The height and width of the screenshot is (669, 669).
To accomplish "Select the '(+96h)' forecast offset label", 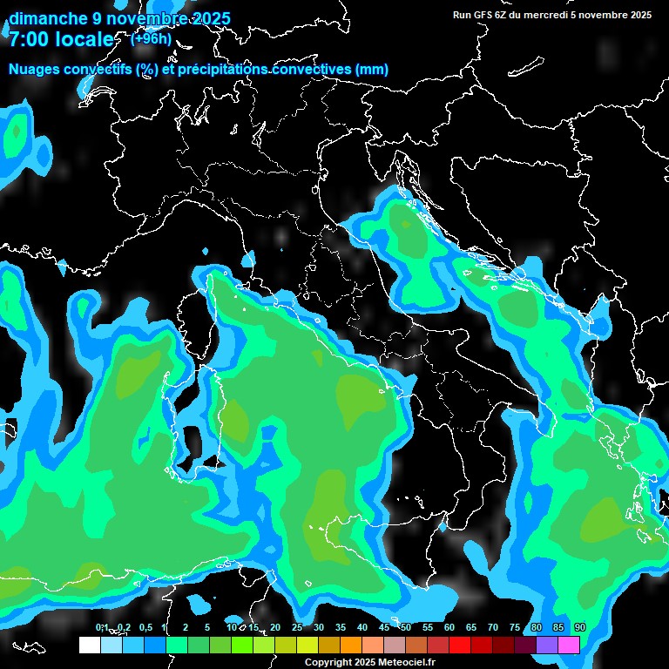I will tap(151, 38).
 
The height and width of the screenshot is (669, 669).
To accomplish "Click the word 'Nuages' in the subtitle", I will tap(34, 70).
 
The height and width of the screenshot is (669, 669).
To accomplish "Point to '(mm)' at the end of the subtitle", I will tap(370, 70).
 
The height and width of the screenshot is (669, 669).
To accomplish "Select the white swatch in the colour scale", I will tap(89, 645).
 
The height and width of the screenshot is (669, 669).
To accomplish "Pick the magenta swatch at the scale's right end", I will tap(569, 645).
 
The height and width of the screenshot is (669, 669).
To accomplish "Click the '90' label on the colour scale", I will tap(580, 628).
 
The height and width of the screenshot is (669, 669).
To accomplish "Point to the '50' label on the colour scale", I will tap(406, 628).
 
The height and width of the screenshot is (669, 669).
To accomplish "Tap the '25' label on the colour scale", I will tap(297, 628).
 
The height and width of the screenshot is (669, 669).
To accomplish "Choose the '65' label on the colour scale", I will tap(471, 628).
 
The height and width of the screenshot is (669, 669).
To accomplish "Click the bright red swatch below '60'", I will tap(460, 645).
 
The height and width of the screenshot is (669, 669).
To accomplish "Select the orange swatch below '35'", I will tap(351, 645).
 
